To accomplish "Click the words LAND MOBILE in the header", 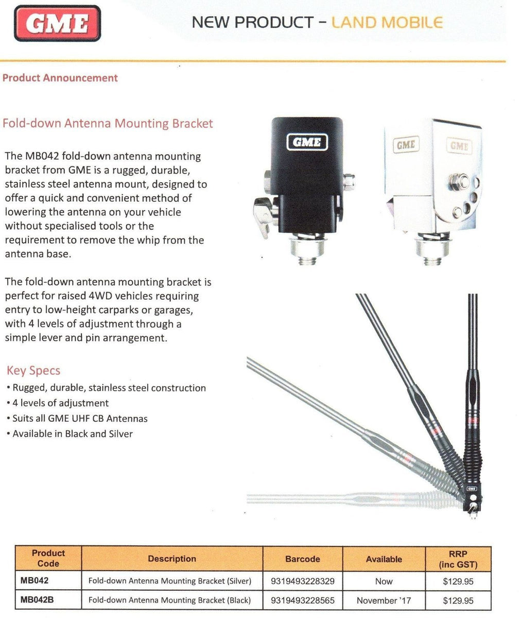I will pos(387,22).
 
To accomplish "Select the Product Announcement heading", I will pos(60,78).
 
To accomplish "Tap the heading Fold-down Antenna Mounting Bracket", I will pos(108,124).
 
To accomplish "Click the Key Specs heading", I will pos(33,371).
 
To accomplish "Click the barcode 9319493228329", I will pos(302,581).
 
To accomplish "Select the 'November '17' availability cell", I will pos(384,600).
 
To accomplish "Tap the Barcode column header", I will pos(302,559).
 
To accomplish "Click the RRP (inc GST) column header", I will pos(458,559).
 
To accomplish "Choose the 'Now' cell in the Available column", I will pos(384,581).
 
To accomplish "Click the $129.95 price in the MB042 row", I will pos(458,581).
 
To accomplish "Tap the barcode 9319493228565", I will pos(302,600).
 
